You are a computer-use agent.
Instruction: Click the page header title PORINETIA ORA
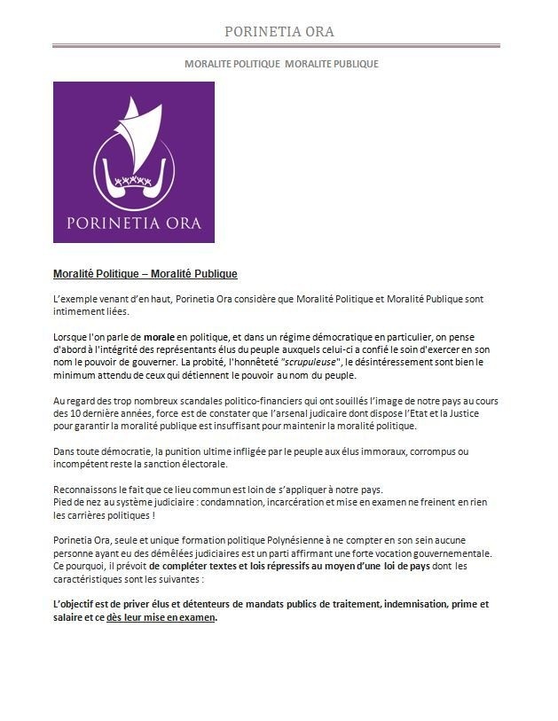(279, 32)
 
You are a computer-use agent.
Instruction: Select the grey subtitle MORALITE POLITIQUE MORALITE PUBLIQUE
(280, 64)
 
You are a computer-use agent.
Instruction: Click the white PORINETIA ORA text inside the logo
(133, 220)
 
